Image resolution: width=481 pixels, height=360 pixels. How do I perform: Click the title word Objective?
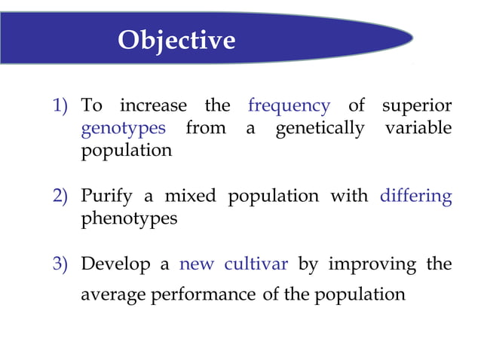pyautogui.click(x=176, y=39)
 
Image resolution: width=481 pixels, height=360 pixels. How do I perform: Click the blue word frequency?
pyautogui.click(x=289, y=105)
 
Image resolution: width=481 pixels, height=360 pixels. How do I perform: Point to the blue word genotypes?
pyautogui.click(x=123, y=129)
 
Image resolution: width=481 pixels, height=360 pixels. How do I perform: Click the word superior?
pyautogui.click(x=416, y=105)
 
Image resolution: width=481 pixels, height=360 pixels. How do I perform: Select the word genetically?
pyautogui.click(x=319, y=128)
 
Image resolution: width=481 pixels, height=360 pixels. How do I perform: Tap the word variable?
pyautogui.click(x=418, y=128)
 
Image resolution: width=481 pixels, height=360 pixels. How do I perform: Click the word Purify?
pyautogui.click(x=106, y=197)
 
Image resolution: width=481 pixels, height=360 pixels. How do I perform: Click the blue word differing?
pyautogui.click(x=415, y=197)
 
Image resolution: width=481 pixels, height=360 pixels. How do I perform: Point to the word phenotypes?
pyautogui.click(x=129, y=219)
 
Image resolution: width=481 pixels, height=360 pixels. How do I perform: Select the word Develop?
pyautogui.click(x=115, y=265)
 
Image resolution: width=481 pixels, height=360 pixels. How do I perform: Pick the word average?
pyautogui.click(x=114, y=294)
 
